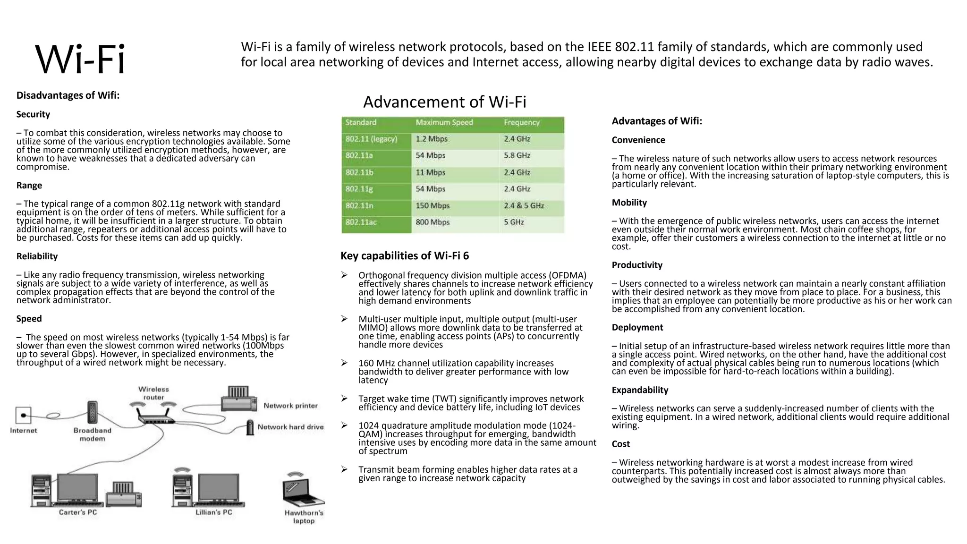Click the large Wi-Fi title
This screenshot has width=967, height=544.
[x=80, y=59]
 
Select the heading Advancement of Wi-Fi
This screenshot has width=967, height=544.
[x=444, y=102]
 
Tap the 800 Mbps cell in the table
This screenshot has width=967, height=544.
[x=433, y=222]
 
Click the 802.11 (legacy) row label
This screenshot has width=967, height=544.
[x=371, y=139]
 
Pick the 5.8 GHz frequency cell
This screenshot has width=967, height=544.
[x=517, y=156]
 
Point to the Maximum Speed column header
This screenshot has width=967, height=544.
[x=444, y=123]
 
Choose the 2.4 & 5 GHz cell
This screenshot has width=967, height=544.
[x=524, y=206]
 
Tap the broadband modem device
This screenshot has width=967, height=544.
[x=93, y=413]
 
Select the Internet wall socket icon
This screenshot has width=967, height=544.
[x=23, y=416]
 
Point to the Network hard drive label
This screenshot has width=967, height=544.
[x=290, y=427]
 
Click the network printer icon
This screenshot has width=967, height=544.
[x=239, y=399]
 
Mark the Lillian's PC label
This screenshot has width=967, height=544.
[x=214, y=513]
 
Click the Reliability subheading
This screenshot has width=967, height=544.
[x=37, y=256]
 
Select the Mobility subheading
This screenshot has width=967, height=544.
[x=629, y=203]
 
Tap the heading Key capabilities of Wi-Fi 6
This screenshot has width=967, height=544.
[x=405, y=256]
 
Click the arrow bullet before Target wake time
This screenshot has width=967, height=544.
[x=345, y=399]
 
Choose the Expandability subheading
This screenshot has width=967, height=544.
[x=640, y=390]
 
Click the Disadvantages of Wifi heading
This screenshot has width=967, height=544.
[x=68, y=95]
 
